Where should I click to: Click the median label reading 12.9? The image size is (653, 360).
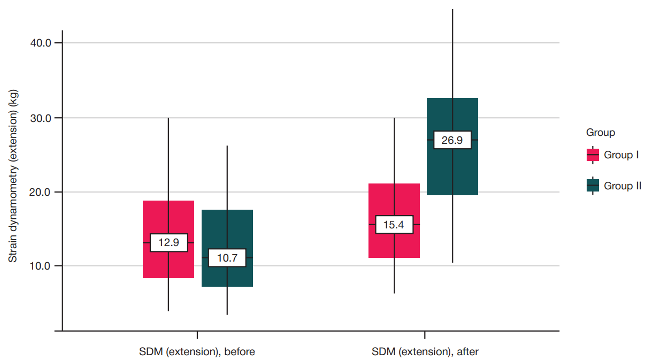coord(169,242)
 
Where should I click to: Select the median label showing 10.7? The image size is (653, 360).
coord(227,258)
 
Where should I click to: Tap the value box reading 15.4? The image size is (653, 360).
coord(394,225)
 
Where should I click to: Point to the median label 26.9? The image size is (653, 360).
coord(452,140)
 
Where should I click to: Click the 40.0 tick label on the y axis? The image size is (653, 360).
coord(41,43)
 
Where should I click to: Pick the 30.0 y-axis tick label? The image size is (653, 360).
coord(41,118)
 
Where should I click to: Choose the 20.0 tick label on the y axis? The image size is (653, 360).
coord(41,193)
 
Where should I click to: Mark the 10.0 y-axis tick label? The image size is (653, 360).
coord(41,266)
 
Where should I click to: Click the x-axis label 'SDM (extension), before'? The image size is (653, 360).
coord(197,352)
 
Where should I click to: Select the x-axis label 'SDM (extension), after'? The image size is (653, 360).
coord(425,352)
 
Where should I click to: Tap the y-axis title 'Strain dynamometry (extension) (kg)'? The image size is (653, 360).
coord(13,176)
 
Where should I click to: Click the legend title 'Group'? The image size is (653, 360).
coord(601,133)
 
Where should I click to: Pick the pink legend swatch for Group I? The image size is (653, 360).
coord(593,155)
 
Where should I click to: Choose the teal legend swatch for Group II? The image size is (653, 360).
coord(593,186)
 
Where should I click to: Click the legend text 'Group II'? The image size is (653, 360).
coord(623,186)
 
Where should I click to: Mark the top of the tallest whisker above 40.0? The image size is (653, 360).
coord(452,9)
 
